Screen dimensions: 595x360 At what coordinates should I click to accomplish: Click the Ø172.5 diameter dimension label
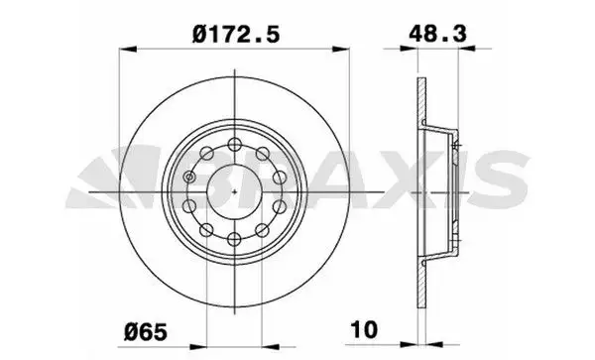236,34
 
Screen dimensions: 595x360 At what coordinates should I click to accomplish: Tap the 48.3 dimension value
437,34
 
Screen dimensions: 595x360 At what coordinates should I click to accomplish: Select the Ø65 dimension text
146,331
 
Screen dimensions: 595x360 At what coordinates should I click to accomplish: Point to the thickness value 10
364,329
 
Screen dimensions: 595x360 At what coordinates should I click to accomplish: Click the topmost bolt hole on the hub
235,144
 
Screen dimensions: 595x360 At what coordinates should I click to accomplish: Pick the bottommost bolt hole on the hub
235,239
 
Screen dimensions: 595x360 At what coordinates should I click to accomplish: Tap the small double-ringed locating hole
189,177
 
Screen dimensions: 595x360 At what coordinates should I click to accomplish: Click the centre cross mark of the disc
235,191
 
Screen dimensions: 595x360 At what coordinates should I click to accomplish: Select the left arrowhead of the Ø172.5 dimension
128,50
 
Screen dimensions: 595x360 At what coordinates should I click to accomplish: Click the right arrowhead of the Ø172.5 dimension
340,49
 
